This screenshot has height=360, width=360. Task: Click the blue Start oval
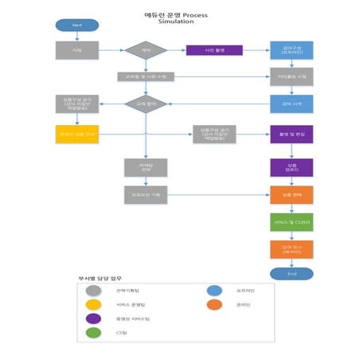(x=77, y=25)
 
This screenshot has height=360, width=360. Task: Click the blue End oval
(x=291, y=273)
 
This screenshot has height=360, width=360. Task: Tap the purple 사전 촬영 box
(x=213, y=50)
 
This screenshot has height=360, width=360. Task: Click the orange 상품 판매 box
(x=291, y=194)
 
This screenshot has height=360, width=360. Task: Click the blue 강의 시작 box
(x=291, y=104)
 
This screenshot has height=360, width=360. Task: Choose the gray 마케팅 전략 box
(x=146, y=167)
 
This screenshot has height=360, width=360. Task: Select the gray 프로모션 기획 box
(x=146, y=194)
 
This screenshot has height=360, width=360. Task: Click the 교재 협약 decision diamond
(x=146, y=104)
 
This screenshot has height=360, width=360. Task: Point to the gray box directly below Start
(x=77, y=50)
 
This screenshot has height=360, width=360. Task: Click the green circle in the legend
(x=94, y=332)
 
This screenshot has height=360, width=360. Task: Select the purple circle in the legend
(x=94, y=318)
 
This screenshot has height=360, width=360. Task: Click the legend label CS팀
(x=122, y=332)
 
